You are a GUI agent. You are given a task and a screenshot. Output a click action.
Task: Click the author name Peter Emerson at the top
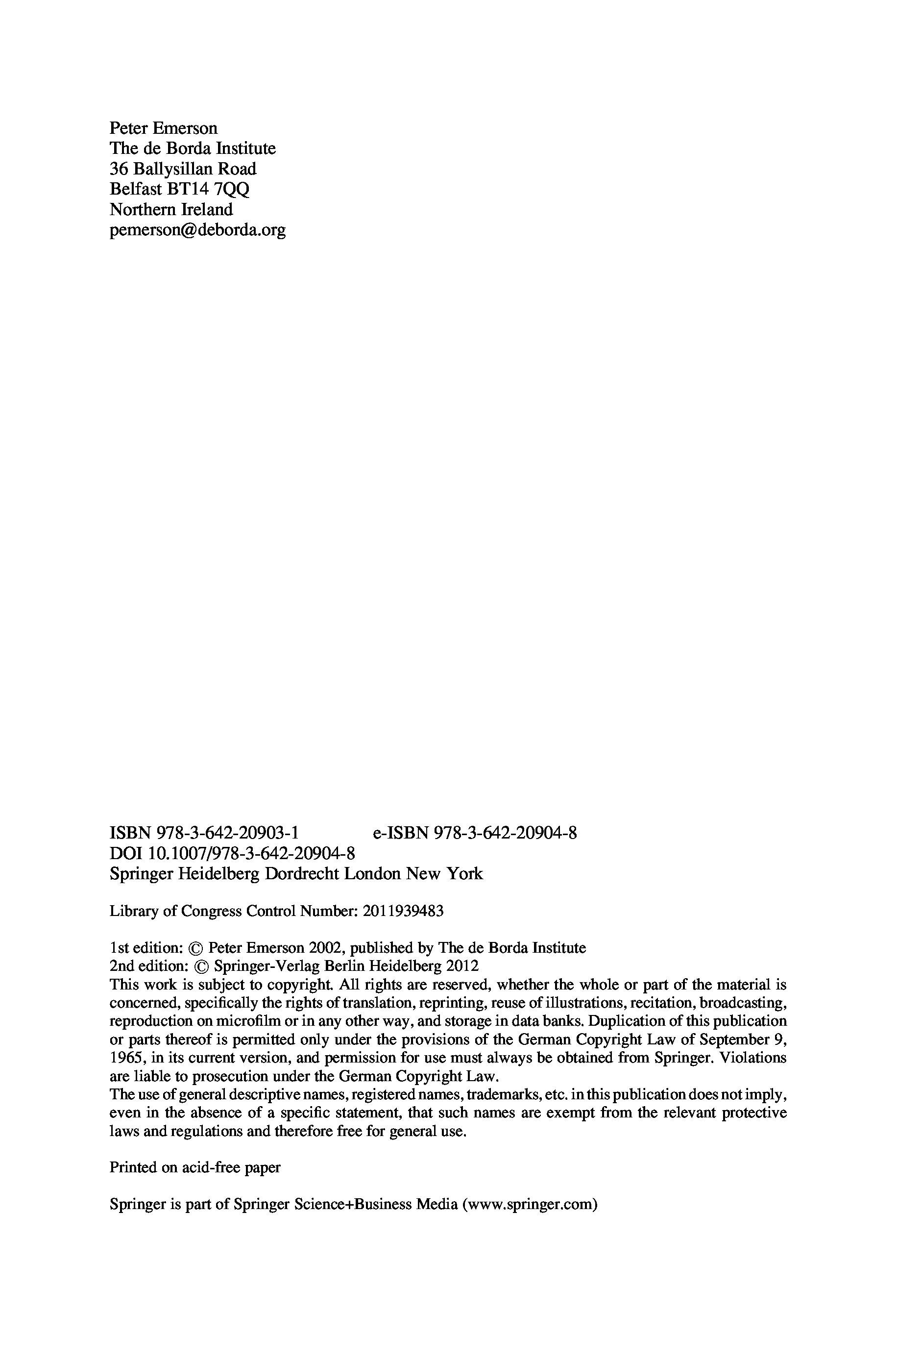(163, 128)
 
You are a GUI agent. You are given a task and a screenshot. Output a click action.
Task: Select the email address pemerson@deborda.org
(197, 230)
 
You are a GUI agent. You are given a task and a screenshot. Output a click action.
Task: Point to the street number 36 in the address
(118, 169)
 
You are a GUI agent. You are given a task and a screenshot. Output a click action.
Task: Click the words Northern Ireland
(171, 209)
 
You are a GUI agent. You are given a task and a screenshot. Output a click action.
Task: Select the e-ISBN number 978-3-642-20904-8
(506, 833)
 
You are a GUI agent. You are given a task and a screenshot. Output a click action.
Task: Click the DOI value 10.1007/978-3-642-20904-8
(252, 853)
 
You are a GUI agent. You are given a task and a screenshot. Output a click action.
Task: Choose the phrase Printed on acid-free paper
(195, 1168)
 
